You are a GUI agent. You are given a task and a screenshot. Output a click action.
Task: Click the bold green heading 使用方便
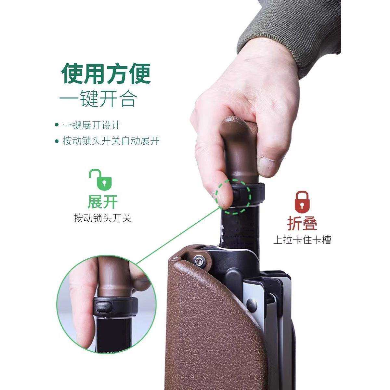106,74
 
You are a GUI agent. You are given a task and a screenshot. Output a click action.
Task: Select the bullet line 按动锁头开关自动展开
111,141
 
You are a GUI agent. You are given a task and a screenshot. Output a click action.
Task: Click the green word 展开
102,202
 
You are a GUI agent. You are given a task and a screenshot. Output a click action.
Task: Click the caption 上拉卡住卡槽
302,240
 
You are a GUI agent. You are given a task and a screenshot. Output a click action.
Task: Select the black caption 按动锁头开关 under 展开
102,218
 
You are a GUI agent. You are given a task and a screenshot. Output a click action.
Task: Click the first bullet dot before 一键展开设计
57,125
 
